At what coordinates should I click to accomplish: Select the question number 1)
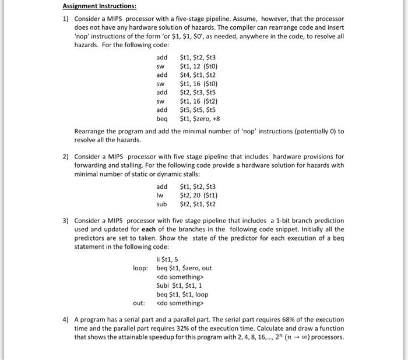click(66, 19)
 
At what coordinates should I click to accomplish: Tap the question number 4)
click(66, 320)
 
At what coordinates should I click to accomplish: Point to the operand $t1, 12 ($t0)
click(199, 66)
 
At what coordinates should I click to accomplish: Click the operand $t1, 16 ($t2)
click(199, 101)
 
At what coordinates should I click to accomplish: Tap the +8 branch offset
click(222, 118)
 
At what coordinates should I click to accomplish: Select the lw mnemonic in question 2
click(160, 195)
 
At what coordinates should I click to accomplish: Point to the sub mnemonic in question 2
click(161, 204)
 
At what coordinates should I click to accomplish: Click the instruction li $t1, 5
click(168, 259)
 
